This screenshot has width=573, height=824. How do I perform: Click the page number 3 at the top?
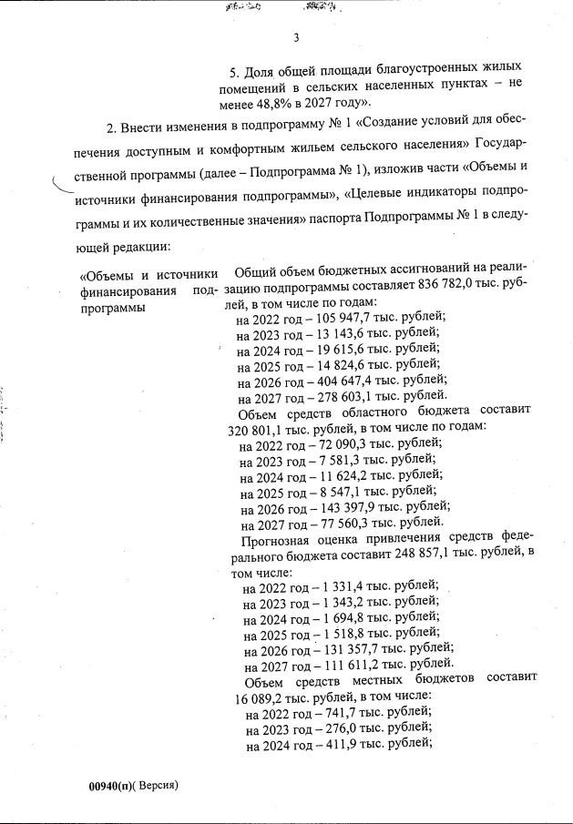coord(297,37)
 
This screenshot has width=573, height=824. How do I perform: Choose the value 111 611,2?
coord(342,666)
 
